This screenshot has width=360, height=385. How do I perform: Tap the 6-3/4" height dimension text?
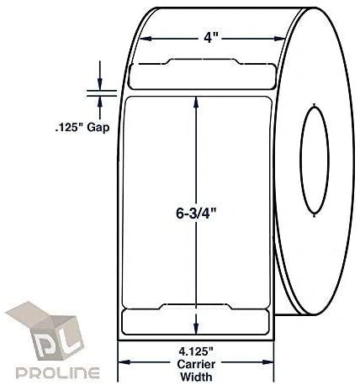(197, 214)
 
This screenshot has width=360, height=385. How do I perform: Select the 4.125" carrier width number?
(196, 351)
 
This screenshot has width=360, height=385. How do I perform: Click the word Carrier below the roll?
(196, 364)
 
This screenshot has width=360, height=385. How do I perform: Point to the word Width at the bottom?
(196, 377)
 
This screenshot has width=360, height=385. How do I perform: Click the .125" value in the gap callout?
(69, 128)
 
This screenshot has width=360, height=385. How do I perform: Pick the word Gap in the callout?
(98, 128)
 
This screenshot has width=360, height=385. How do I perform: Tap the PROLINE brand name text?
(57, 373)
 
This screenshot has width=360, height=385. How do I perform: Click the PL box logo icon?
(45, 330)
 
